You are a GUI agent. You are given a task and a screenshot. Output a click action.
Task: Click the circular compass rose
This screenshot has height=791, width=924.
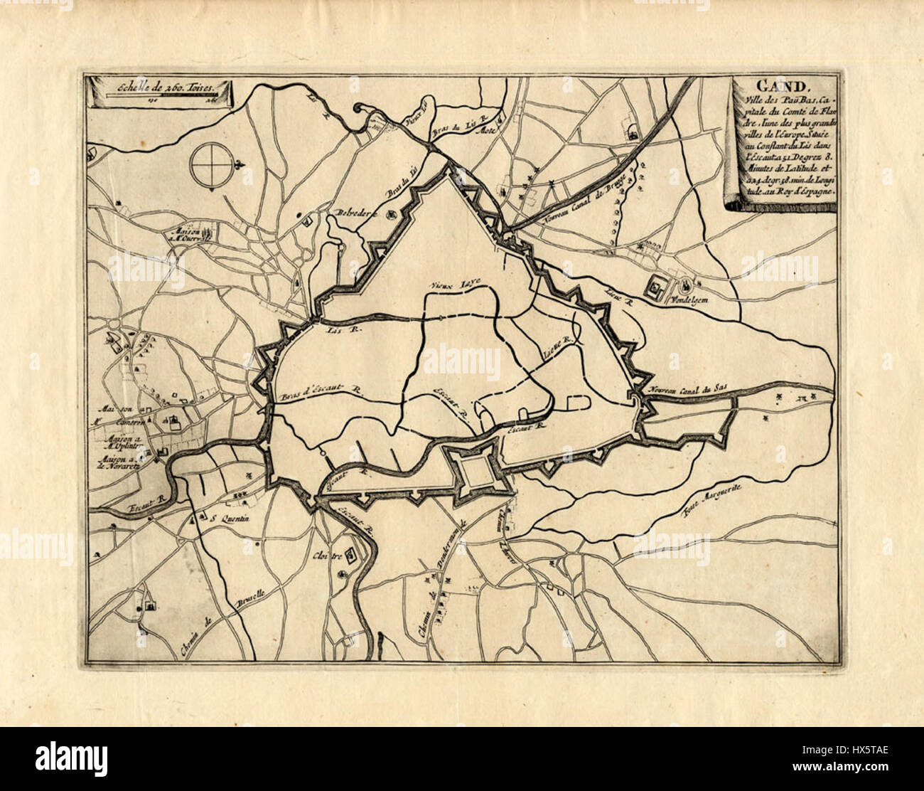point(211,166)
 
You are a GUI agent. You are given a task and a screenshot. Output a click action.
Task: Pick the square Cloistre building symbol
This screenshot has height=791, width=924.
point(343,573)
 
